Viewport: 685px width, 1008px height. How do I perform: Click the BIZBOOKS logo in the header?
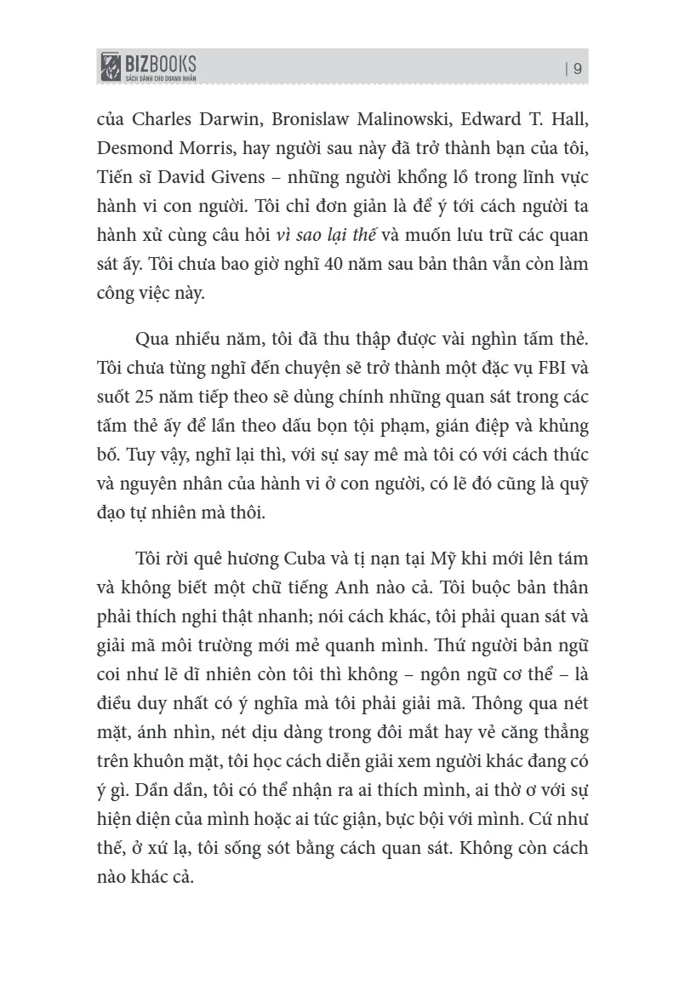tap(148, 64)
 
